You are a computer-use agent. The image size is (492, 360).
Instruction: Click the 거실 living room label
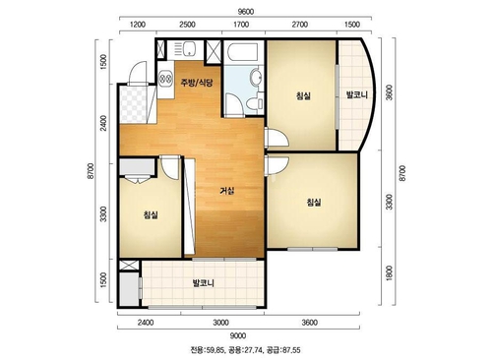coord(227,191)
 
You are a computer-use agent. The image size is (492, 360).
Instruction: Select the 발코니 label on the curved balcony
coord(357,95)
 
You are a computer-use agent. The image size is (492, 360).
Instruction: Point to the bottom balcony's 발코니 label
coord(204,283)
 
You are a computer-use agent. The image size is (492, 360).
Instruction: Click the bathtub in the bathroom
coord(243,52)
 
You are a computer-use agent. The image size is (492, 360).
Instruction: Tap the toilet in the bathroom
coord(254,103)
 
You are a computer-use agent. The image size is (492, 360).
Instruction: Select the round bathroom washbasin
coord(256,78)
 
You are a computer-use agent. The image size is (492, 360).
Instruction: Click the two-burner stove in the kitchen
coord(165,79)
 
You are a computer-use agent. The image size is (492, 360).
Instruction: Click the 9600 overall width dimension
coord(245,12)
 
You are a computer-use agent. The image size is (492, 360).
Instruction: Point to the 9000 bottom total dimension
coord(238,335)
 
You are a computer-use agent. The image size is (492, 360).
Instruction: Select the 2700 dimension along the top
coord(300,25)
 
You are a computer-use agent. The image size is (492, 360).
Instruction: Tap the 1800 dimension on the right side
coord(389,272)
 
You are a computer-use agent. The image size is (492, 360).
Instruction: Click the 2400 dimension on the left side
coord(103,123)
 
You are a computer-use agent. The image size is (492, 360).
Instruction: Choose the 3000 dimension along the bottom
coord(220,323)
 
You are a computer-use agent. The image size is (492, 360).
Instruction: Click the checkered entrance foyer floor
coord(133,104)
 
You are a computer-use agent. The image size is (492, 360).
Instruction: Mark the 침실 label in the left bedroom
coord(151,215)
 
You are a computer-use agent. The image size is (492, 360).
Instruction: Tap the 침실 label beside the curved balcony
coord(303,96)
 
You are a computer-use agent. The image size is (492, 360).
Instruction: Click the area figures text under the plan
coord(245,350)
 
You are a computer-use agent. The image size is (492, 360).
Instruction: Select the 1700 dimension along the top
coord(241,25)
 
